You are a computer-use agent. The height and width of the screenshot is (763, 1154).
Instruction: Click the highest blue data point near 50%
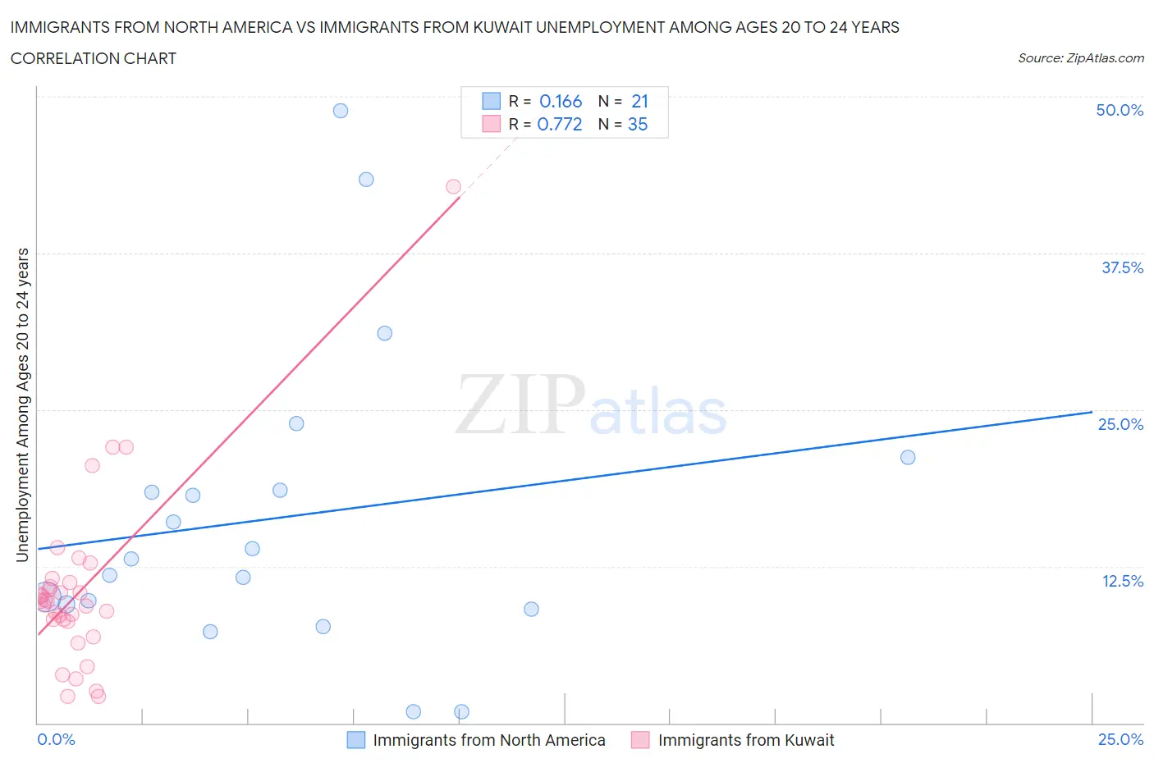coord(341,111)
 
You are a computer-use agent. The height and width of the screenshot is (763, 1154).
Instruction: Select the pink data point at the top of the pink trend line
coord(453,187)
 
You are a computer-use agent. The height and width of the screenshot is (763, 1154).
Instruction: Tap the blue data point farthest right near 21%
coord(908,458)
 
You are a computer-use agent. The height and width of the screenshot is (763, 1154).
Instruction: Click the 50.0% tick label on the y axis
coord(1120,110)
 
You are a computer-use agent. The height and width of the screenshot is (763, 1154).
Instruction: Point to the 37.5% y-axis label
coord(1122,267)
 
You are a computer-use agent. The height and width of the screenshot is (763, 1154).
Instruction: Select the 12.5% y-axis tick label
coord(1122,581)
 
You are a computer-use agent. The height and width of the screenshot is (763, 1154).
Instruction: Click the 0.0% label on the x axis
coord(57,740)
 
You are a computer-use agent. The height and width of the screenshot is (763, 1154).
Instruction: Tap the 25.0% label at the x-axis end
coord(1120,740)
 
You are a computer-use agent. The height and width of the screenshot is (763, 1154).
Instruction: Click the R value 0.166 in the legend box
coord(561,102)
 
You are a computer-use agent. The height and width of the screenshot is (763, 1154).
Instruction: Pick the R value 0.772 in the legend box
coord(560,125)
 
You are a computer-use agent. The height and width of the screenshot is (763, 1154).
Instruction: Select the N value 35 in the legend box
coord(638,125)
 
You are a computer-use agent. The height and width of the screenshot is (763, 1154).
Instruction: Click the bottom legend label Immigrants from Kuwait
coord(745,740)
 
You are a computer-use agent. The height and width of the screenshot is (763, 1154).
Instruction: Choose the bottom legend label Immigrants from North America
coord(489,740)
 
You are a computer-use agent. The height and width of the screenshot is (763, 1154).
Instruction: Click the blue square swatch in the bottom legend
coord(356,740)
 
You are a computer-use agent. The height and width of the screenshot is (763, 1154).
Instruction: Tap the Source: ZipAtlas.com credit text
coord(1080,58)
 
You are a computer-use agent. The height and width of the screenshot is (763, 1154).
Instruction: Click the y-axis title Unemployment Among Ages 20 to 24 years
coord(23,405)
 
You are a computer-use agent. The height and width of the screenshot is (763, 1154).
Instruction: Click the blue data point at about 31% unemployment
coord(384,333)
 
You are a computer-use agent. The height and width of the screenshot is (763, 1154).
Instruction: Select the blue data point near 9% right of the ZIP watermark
coord(531,610)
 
